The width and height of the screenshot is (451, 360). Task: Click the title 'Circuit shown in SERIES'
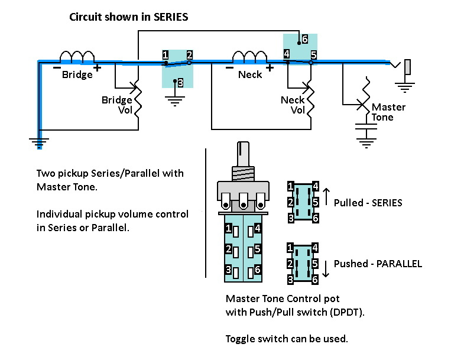129,17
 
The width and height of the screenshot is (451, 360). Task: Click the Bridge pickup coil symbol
77,56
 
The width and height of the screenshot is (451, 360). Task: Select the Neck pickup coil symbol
249,56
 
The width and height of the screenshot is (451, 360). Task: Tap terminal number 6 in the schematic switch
305,39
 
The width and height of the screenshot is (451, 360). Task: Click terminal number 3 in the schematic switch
180,83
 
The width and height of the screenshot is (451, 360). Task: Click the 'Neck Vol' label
293,105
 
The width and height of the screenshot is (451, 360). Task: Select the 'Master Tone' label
388,112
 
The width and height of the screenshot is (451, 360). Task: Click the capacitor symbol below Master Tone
366,127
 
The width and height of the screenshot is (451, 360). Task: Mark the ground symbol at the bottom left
39,143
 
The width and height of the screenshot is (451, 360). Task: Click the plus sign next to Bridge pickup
97,68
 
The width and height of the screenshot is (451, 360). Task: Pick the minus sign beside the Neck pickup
229,68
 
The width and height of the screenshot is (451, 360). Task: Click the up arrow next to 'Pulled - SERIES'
326,197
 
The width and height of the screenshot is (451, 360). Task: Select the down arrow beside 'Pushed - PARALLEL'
326,268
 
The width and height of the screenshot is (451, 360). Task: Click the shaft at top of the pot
243,154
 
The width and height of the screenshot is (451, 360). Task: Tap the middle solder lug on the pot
244,200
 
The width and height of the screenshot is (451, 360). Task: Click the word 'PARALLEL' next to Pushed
399,264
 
